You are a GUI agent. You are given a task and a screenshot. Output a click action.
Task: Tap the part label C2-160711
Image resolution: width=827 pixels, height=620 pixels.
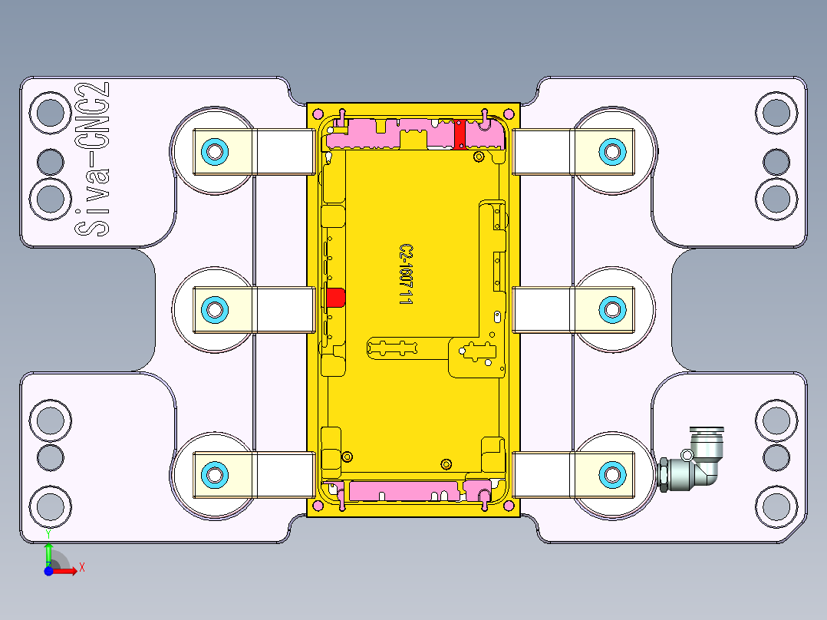pos(406,275)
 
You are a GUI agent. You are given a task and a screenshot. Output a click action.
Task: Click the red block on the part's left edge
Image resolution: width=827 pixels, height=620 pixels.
pos(334,297)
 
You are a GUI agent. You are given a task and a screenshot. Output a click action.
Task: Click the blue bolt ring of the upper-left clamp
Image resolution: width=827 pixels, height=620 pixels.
pos(214,150)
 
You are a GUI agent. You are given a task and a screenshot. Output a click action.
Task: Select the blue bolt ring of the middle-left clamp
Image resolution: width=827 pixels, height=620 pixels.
pos(214,309)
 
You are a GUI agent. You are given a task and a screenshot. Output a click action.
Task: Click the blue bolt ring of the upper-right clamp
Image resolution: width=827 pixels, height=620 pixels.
pos(611,150)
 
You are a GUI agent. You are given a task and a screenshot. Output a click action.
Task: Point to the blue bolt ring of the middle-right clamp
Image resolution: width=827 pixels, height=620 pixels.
pos(611,309)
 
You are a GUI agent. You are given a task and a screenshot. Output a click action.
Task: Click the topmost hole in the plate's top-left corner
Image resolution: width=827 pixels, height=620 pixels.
pos(51,113)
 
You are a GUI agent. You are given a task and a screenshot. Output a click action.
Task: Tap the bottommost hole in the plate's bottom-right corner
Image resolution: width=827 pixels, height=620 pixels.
pos(776,506)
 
